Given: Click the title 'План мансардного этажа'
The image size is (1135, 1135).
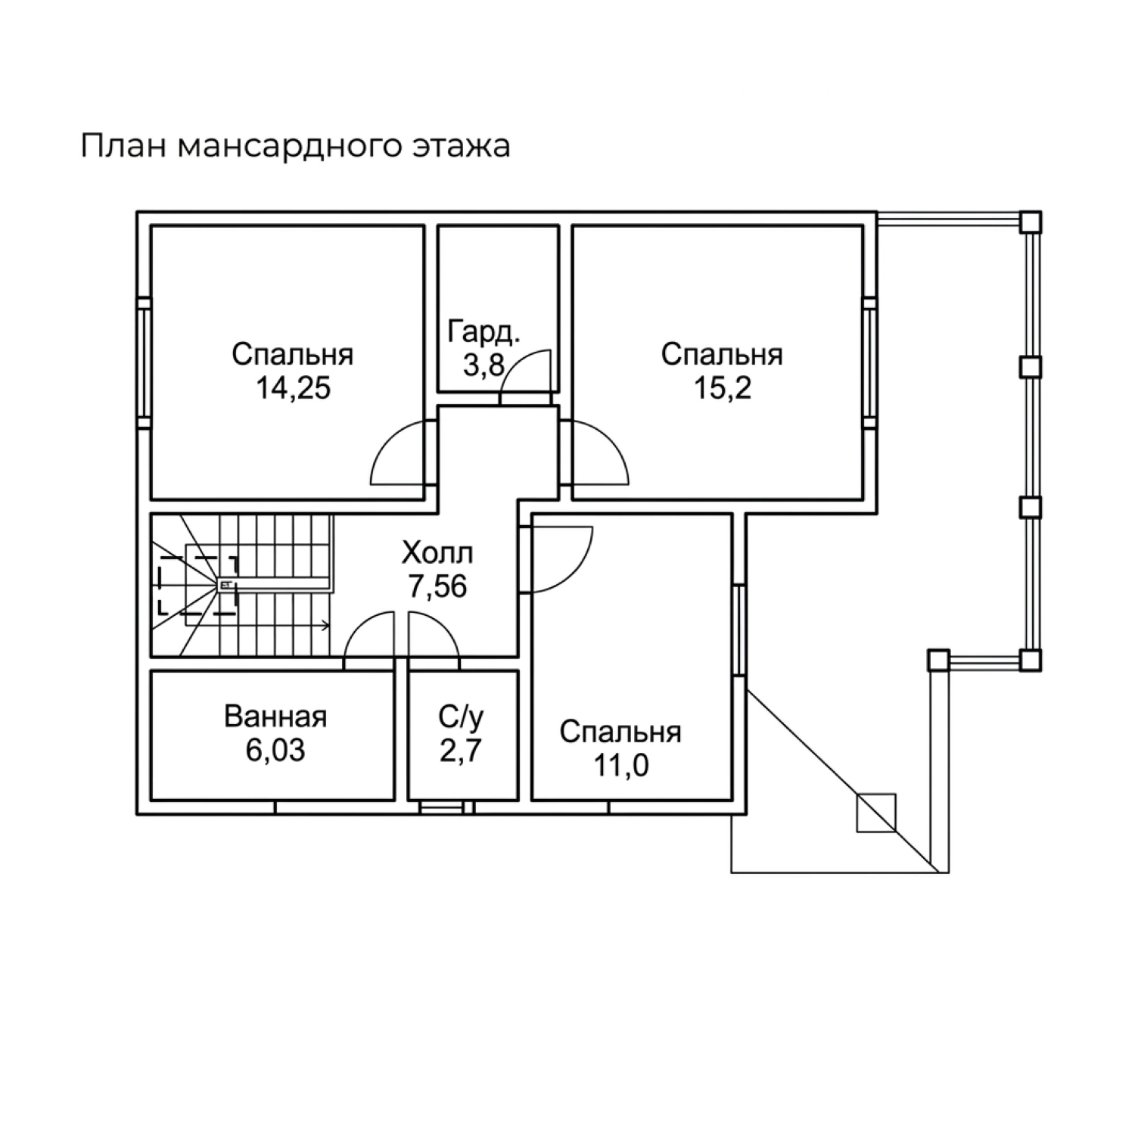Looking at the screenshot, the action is pos(295,147).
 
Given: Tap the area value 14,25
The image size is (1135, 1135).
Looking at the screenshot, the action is pos(293,389).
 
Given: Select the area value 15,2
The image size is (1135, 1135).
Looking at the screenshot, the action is pos(722,389).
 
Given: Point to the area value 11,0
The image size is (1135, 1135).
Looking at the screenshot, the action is pos(620,767).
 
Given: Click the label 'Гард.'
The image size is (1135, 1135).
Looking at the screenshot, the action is pos(484,332).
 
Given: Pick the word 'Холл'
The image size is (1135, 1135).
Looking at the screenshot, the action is pos(437,554).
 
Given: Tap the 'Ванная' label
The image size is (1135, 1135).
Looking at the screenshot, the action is pos(275,717).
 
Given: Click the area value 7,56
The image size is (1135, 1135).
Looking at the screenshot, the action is pos(438,587).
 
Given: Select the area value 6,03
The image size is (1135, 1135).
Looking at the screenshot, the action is pos(275,751).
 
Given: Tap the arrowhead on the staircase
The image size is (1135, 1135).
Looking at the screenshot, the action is pos(325,625).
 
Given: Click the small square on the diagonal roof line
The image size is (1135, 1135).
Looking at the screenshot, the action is pos(875,813).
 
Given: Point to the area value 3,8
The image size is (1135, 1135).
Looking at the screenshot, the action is pos(484,366).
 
